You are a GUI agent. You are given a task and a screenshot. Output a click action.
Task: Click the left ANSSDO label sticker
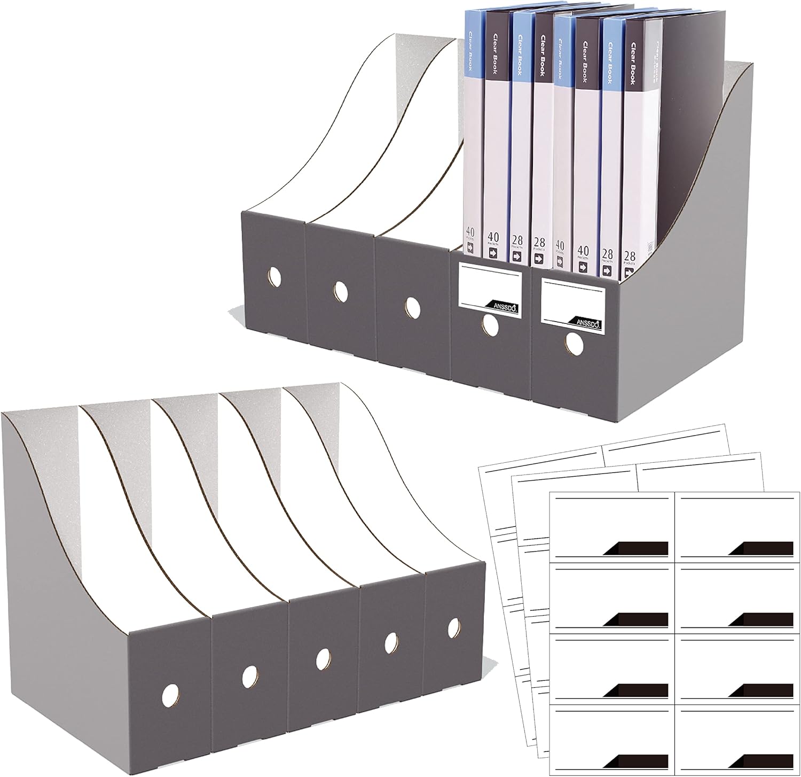coord(489,296)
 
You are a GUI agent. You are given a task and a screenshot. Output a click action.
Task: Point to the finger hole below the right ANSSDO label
coord(574,344)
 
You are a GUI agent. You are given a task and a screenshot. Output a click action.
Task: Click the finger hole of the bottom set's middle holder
coord(323,659)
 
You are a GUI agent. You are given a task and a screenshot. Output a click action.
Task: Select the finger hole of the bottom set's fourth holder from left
coord(391,641)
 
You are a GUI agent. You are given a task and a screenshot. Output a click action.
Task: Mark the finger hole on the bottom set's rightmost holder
coord(454,627)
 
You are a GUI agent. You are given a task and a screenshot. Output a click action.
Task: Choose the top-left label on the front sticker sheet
coord(612,525)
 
